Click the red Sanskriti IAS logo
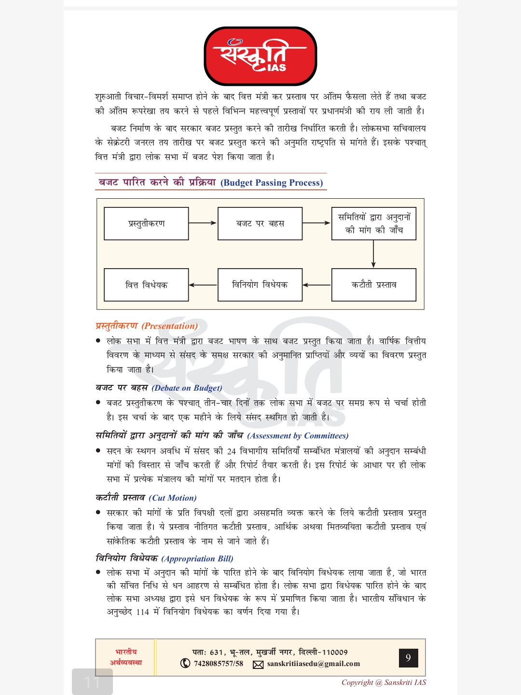point(260,56)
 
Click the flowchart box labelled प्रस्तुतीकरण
point(146,223)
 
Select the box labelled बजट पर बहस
point(260,223)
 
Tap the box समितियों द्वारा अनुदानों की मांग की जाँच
point(374,223)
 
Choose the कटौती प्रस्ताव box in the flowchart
point(374,285)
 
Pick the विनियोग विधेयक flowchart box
point(260,285)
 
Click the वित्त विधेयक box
point(146,285)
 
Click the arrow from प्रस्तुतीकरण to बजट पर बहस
point(203,223)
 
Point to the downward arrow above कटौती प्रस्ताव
point(373,254)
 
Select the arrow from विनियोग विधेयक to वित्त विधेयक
point(203,285)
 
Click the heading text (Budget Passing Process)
point(272,183)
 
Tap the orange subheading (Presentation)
point(170,326)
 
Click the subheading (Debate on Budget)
point(187,388)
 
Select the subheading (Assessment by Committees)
point(298,436)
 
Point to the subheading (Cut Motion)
point(173,498)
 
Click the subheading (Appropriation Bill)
point(197,559)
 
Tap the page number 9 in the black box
point(408,658)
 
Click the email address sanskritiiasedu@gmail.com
point(313,664)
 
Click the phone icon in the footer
point(185,663)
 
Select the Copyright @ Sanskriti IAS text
point(384,682)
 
